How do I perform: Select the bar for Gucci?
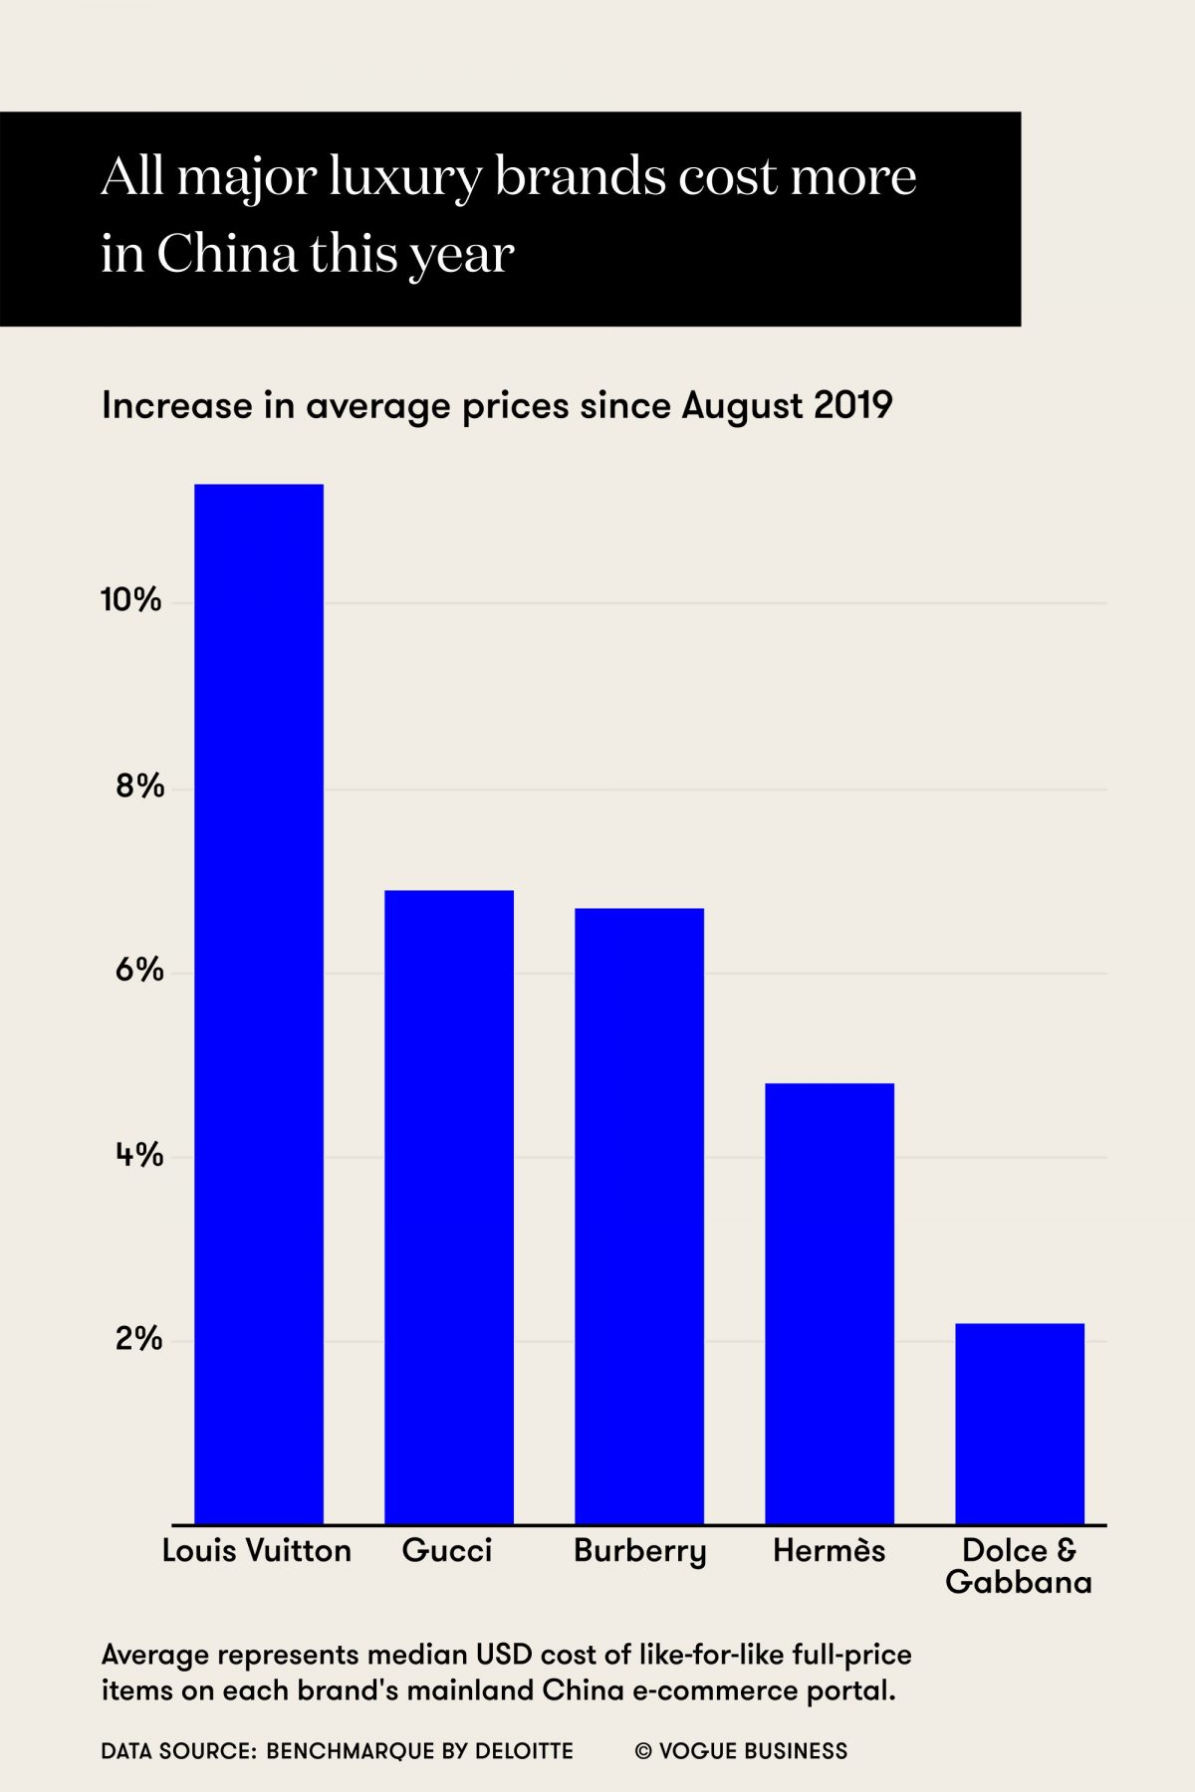[x=449, y=1207]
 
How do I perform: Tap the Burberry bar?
[x=639, y=1216]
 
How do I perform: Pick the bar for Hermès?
[x=830, y=1303]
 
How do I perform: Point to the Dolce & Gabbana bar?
[x=1020, y=1424]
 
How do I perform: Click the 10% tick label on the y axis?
[x=131, y=600]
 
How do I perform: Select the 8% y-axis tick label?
[x=139, y=786]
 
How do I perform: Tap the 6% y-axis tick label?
[x=139, y=971]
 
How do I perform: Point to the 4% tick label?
[x=139, y=1155]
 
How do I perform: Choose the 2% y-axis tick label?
[x=139, y=1339]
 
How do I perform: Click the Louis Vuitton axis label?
[x=257, y=1551]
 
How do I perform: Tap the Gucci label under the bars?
[x=447, y=1551]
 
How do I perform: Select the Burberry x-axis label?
[x=639, y=1552]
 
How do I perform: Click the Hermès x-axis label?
[x=829, y=1550]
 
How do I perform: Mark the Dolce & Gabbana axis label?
[x=1019, y=1566]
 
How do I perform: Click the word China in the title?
[x=227, y=254]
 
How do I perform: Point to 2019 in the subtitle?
[x=852, y=406]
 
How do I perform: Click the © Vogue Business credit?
[x=741, y=1751]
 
